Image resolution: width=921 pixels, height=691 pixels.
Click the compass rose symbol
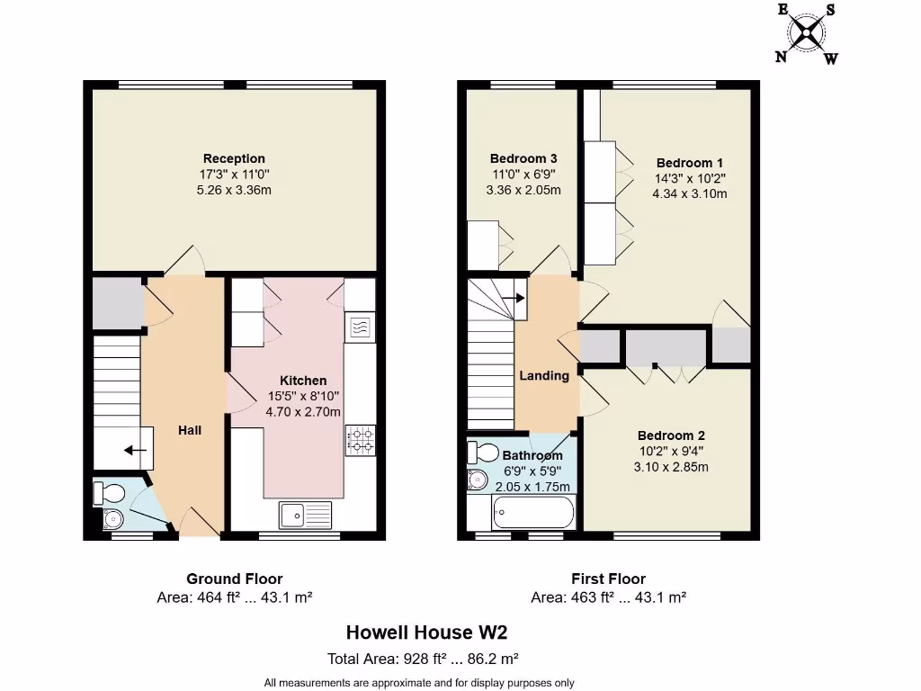[x=807, y=34]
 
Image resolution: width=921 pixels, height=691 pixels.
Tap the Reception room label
[x=234, y=159]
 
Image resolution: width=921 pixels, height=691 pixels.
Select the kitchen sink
[x=305, y=515]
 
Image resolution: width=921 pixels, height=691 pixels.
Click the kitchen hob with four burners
[x=360, y=438]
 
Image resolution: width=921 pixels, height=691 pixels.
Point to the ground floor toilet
[x=109, y=492]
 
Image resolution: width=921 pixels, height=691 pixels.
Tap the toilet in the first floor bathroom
[x=482, y=452]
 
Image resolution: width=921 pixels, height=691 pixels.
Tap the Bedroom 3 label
[x=523, y=158]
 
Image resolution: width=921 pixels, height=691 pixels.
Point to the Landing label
[x=544, y=375]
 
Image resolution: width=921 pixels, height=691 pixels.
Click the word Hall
[x=190, y=430]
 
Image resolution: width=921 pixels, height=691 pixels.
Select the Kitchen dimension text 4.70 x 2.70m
[x=303, y=412]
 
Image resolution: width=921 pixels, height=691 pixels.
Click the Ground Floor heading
[x=234, y=579]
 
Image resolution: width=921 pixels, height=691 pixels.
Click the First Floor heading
[x=608, y=579]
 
